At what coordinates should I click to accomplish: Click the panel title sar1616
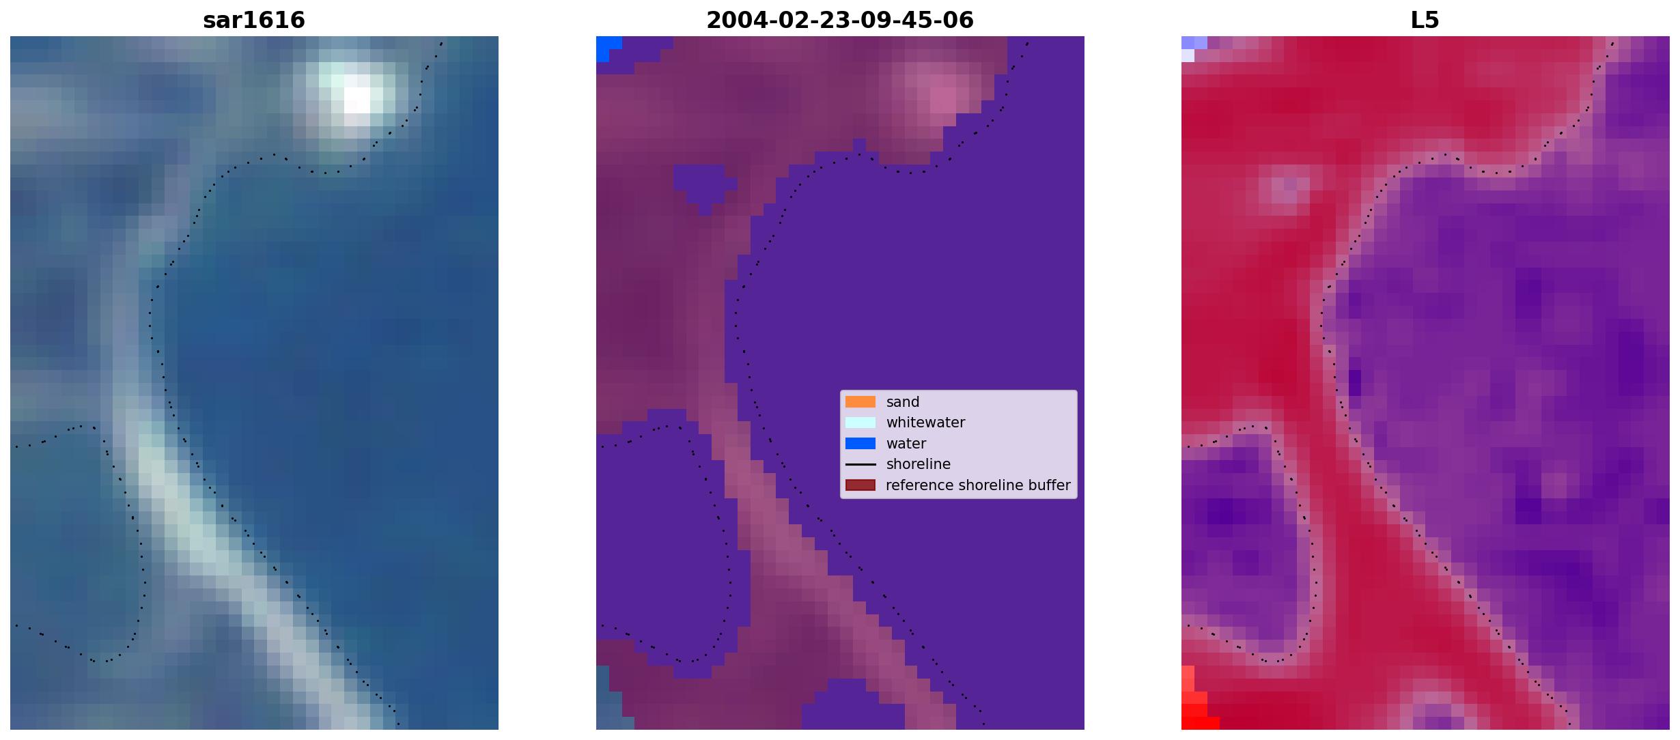254,20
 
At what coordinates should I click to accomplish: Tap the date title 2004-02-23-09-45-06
840,20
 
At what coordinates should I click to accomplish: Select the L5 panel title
1425,20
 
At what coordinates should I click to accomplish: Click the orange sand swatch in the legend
860,402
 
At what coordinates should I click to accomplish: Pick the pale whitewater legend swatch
860,423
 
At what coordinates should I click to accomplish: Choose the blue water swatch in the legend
860,444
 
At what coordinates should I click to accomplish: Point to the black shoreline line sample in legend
860,464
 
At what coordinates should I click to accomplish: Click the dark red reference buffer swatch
860,485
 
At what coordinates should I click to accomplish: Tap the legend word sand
903,402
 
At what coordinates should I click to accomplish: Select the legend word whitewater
925,423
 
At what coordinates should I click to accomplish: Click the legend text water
906,444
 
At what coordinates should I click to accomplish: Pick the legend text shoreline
919,464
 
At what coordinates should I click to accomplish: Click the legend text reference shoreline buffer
978,485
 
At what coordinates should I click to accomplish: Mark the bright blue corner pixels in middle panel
606,48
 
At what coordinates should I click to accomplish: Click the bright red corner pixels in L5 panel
1195,707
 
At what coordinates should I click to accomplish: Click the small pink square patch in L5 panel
1284,191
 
